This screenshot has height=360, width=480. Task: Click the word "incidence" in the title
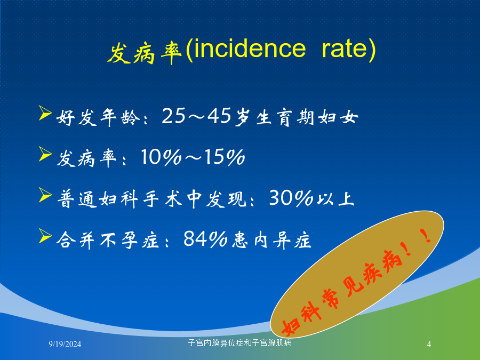[x=250, y=49]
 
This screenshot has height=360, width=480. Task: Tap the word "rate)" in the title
[x=349, y=49]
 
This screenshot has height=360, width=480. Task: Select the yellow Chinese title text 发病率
[x=145, y=52]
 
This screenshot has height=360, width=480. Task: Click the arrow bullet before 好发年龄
[x=45, y=113]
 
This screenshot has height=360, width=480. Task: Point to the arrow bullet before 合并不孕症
[x=45, y=236]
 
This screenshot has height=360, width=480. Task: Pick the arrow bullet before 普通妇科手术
[x=45, y=195]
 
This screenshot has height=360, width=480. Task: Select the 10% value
[x=161, y=157]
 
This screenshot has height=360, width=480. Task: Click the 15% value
[x=225, y=157]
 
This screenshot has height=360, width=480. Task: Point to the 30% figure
[x=291, y=198]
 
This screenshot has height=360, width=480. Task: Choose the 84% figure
[x=205, y=238]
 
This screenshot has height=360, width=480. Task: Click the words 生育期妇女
[x=307, y=117]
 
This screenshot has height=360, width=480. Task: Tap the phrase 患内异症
[x=271, y=239]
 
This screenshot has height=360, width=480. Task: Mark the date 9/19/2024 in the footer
[x=65, y=344]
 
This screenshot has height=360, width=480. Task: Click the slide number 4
[x=429, y=344]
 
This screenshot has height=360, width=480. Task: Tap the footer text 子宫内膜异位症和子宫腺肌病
[x=240, y=342]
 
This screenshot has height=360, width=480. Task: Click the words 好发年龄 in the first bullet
[x=98, y=117]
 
